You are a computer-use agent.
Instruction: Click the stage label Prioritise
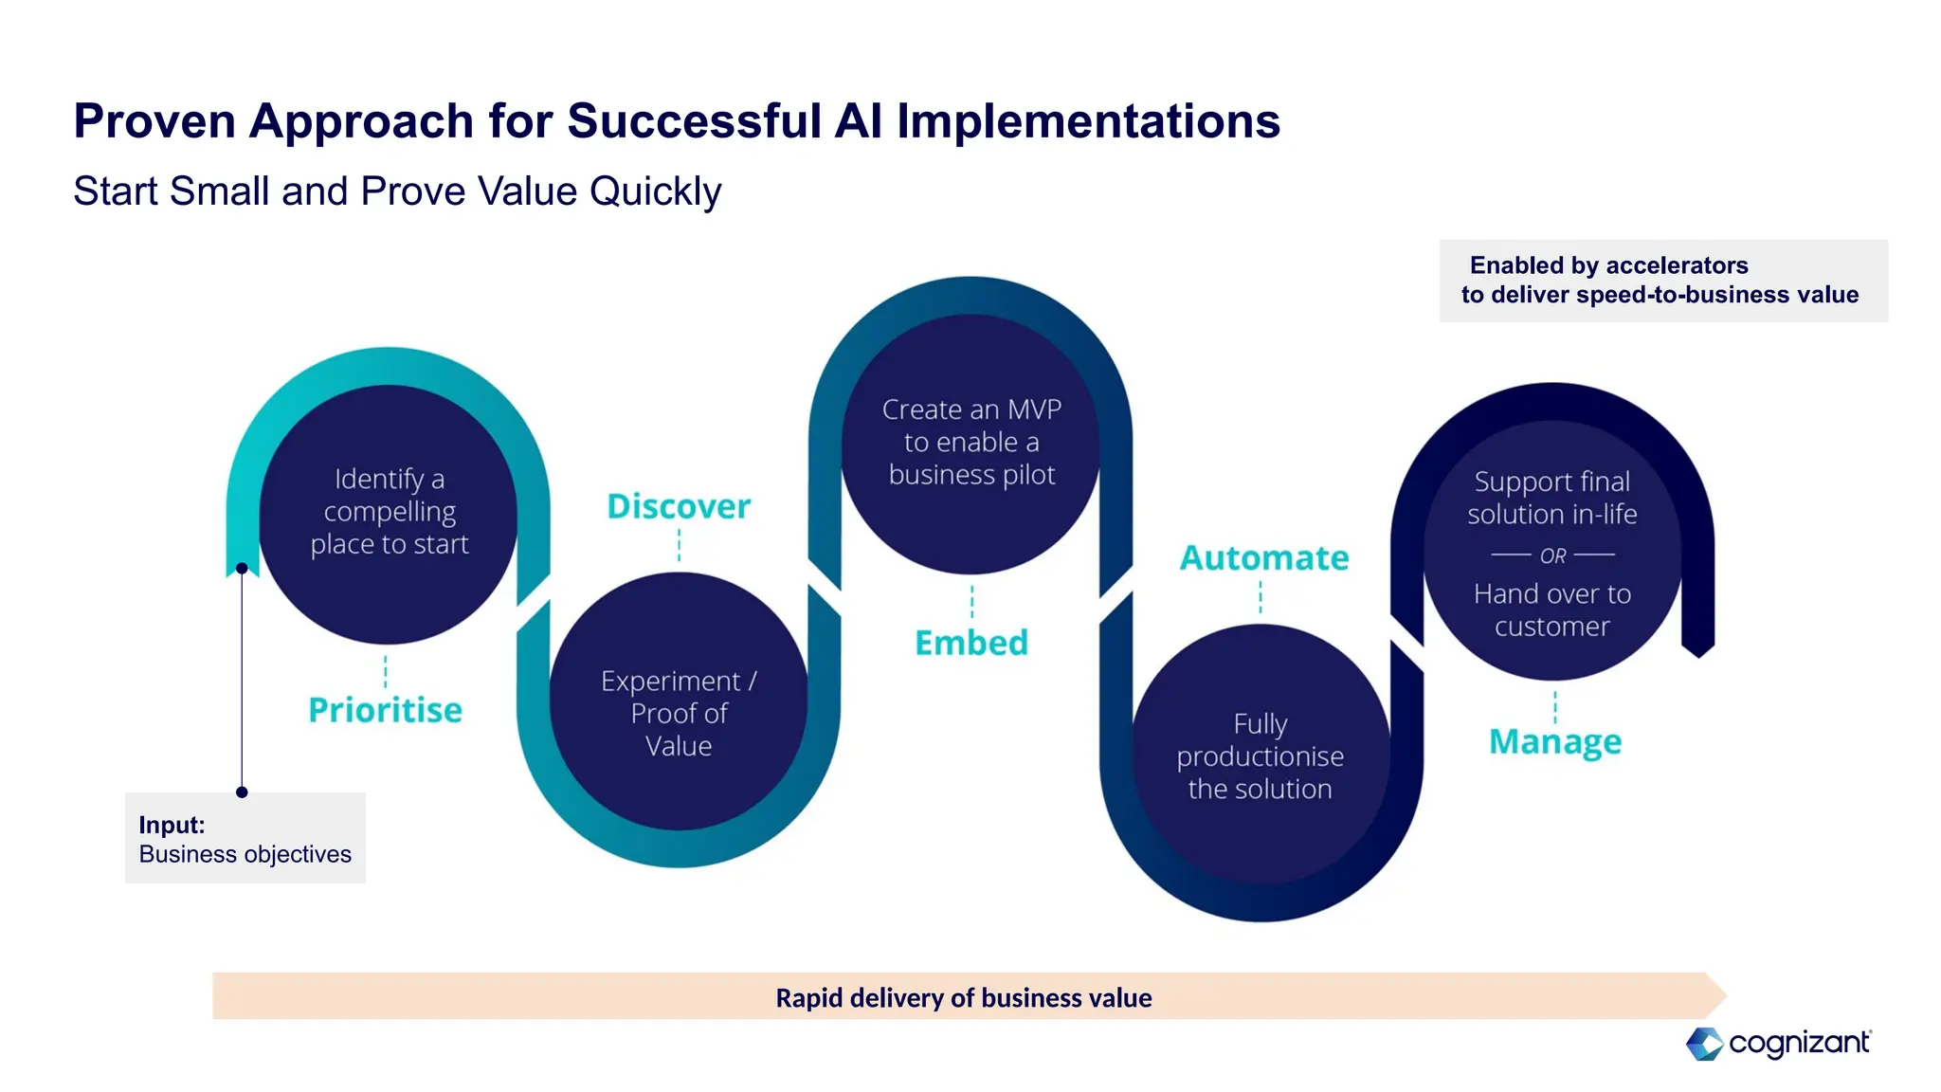[x=385, y=710]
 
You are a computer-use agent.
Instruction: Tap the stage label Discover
[x=679, y=506]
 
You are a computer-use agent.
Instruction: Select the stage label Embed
[x=971, y=643]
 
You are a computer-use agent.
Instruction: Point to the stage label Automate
[x=1263, y=557]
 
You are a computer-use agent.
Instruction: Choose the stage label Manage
[x=1554, y=741]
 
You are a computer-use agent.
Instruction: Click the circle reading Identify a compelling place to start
[x=389, y=513]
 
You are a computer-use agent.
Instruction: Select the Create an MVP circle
[x=971, y=443]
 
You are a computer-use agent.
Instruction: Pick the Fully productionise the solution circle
[x=1261, y=756]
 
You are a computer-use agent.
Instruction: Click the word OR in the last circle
[x=1552, y=556]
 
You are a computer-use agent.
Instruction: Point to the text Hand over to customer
[x=1552, y=610]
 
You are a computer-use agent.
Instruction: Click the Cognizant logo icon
[x=1704, y=1044]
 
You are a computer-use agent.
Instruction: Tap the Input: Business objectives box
[x=245, y=839]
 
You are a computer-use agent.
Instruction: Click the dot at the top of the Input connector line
[x=242, y=569]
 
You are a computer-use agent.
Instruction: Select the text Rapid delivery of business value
[x=963, y=998]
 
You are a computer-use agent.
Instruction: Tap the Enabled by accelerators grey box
[x=1662, y=281]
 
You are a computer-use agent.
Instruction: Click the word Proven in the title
[x=154, y=121]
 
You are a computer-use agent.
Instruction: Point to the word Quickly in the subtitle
[x=655, y=192]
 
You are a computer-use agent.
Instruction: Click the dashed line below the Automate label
[x=1261, y=597]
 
